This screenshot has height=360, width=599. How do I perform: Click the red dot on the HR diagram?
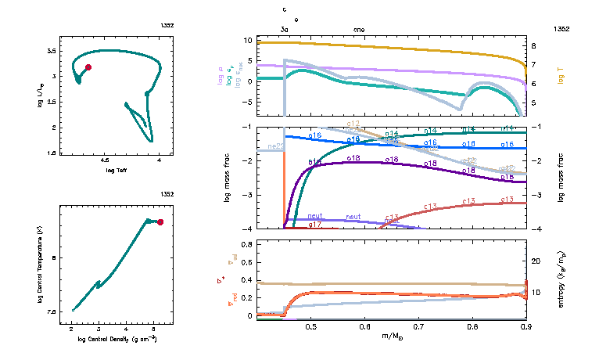pos(88,67)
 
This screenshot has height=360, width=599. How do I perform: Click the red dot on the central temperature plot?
pos(160,222)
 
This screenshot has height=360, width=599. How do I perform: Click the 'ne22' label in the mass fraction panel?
pos(275,146)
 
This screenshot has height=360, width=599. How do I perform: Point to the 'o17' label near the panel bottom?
pos(315,225)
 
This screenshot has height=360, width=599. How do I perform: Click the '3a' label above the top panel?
pos(284,29)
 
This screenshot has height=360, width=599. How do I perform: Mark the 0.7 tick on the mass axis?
pos(418,326)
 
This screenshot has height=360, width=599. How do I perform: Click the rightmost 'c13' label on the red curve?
pos(506,200)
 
